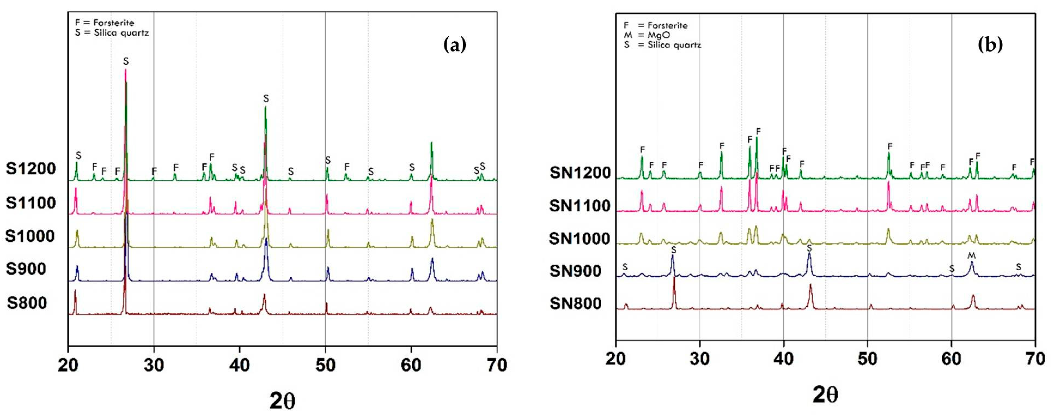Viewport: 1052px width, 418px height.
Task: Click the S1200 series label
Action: point(31,168)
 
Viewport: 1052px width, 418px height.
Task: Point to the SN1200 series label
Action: point(580,173)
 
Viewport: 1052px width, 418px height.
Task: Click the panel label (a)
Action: point(454,45)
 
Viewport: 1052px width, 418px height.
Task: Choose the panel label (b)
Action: point(990,45)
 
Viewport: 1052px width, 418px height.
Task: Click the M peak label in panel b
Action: point(972,255)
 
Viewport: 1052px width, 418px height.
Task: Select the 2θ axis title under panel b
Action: point(825,395)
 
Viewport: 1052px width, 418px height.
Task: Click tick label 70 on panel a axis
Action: point(497,365)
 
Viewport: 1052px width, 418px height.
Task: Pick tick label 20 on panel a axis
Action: point(68,365)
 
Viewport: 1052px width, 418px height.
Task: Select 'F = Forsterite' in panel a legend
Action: point(105,22)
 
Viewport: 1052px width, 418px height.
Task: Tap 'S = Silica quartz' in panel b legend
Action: point(662,45)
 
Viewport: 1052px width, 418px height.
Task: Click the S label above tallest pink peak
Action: point(126,61)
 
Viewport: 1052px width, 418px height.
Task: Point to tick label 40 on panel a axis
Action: point(239,365)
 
